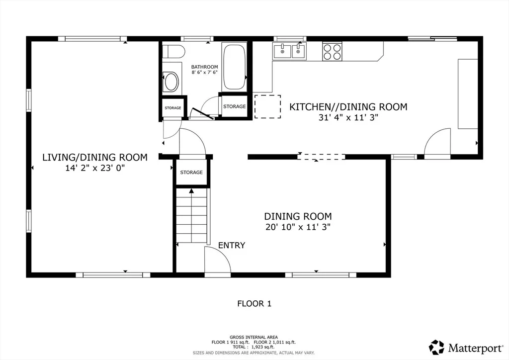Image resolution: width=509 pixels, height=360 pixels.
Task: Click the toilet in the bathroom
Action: click(x=173, y=52)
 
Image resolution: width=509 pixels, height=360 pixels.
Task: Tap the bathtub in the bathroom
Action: click(x=235, y=67)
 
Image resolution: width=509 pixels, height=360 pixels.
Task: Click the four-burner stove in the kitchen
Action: click(x=332, y=52)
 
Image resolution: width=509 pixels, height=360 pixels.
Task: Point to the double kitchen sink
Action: click(x=290, y=51)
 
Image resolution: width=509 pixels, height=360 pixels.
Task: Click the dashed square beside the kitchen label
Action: click(x=267, y=106)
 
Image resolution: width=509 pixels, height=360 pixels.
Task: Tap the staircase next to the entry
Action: click(x=191, y=215)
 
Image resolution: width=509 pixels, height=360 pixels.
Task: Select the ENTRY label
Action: click(x=232, y=245)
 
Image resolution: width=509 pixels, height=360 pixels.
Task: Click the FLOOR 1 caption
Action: click(x=254, y=303)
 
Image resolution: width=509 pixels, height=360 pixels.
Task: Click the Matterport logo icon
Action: click(x=436, y=348)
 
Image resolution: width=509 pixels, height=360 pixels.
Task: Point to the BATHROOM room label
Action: click(x=204, y=67)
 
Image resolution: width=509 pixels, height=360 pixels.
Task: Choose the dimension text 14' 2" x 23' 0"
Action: click(x=95, y=168)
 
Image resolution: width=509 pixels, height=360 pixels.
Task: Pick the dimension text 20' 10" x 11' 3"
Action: click(x=298, y=227)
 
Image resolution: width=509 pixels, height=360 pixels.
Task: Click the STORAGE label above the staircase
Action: click(x=191, y=173)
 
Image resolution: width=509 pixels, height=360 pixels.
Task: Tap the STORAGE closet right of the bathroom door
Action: click(x=235, y=106)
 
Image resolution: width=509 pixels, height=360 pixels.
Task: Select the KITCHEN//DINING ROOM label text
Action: click(x=348, y=107)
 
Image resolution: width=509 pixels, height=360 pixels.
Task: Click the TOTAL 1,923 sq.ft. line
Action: click(x=254, y=347)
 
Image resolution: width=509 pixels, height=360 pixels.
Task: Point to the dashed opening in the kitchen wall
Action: click(x=321, y=157)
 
